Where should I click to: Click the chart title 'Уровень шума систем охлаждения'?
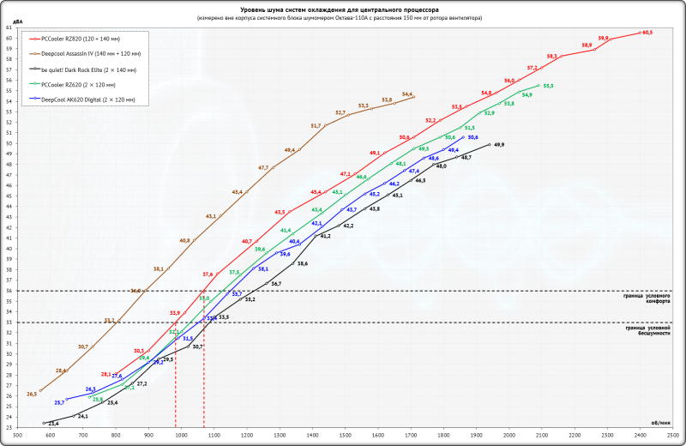[x=342, y=9]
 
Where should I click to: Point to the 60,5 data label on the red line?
[x=647, y=32]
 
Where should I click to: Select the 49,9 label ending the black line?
[x=499, y=145]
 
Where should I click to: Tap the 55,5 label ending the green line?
[x=548, y=86]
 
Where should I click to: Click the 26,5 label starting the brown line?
[x=32, y=394]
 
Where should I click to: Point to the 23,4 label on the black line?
[x=53, y=424]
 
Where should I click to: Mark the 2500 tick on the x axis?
[x=673, y=437]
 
